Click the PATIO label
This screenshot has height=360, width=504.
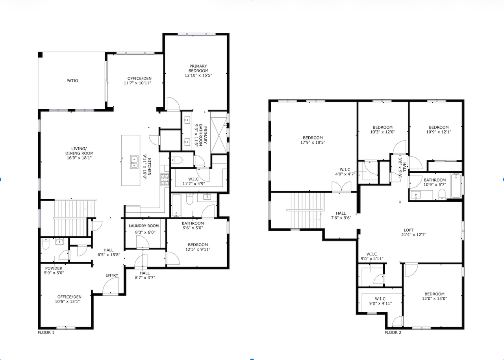coord(72,81)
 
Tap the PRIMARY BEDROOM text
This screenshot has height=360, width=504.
coord(198,69)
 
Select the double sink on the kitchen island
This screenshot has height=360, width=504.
coord(134,161)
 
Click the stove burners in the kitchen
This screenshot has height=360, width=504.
coord(164,180)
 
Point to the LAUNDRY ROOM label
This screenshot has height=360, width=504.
coord(144,226)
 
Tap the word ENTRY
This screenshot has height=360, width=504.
coord(112,275)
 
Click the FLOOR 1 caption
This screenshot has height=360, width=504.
coord(46,333)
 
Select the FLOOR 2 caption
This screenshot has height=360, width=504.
coord(393,333)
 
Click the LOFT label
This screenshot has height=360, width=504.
coord(409,230)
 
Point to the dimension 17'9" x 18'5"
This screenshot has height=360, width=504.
coord(313,142)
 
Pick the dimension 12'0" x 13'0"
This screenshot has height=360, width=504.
coord(434,299)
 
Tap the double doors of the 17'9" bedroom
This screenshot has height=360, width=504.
coord(341,187)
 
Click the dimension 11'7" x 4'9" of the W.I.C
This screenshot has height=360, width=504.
coord(194,184)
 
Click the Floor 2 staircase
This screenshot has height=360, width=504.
coord(306,211)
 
